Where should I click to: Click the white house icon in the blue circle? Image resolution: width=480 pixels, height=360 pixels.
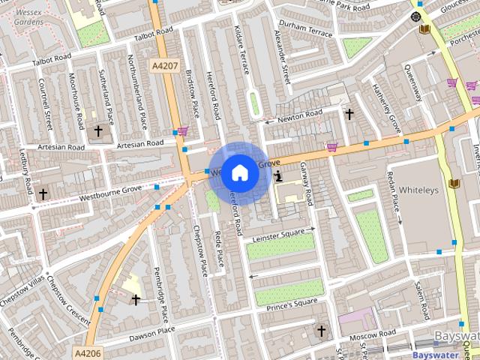point(239,172)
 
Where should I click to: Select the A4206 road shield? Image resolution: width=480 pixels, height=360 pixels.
point(88,352)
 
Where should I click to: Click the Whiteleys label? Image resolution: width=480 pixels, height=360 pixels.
point(418,190)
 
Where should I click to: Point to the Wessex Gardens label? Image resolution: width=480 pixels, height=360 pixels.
point(28,16)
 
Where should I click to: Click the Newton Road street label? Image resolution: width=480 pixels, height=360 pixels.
point(299,115)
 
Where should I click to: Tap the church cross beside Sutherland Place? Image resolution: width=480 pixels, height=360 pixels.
point(98,132)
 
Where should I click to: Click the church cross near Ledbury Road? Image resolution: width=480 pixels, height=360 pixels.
point(43,194)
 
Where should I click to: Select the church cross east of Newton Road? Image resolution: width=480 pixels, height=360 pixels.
point(349,114)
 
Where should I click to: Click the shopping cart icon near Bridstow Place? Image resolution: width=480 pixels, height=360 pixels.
point(183,130)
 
